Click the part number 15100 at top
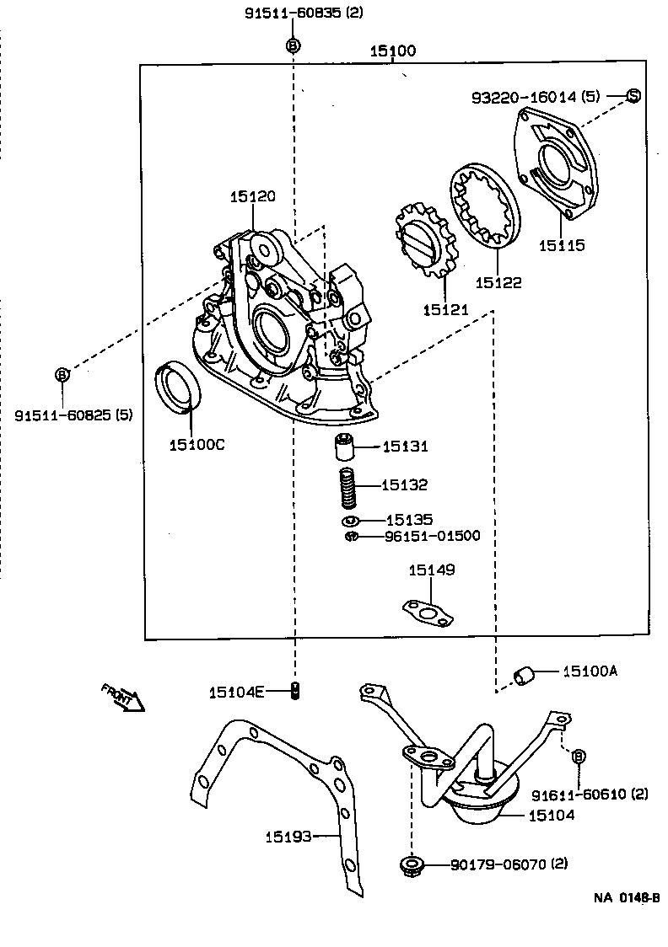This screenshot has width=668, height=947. [392, 51]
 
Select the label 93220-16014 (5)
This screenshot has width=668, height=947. [536, 97]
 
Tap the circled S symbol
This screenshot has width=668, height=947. [633, 96]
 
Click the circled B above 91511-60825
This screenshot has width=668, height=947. [62, 374]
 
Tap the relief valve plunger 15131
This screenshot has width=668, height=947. [345, 447]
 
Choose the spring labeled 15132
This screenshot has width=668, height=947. [347, 488]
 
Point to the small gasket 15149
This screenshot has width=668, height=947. [427, 613]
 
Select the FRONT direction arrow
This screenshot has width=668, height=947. [123, 697]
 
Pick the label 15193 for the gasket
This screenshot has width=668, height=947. [288, 837]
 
